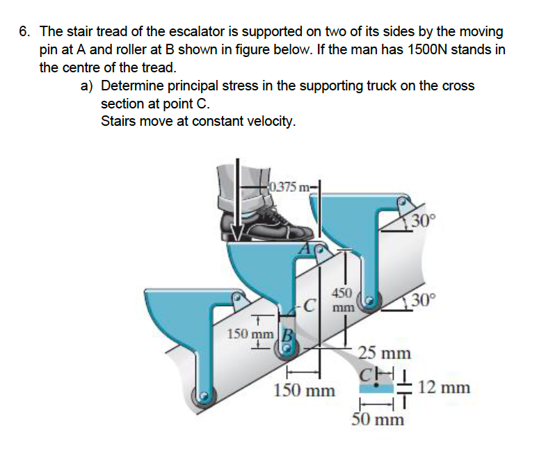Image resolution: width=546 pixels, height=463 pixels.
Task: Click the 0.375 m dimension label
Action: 289,187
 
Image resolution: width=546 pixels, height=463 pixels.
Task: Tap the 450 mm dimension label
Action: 344,300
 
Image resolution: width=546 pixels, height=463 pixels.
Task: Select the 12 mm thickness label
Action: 444,387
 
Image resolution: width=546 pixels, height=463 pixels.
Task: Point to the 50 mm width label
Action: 378,419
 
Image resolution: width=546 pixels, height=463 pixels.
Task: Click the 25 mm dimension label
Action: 385,353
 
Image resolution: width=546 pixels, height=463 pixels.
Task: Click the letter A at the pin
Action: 306,249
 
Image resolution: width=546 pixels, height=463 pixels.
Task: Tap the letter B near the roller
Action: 287,336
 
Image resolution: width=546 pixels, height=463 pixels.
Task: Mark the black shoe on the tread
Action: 267,225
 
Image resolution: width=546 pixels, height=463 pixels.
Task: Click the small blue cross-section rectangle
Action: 376,388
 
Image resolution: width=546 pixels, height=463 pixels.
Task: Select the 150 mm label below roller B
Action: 305,390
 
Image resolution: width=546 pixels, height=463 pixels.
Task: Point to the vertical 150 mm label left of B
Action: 250,334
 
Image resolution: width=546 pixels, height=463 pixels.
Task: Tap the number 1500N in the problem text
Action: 426,50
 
